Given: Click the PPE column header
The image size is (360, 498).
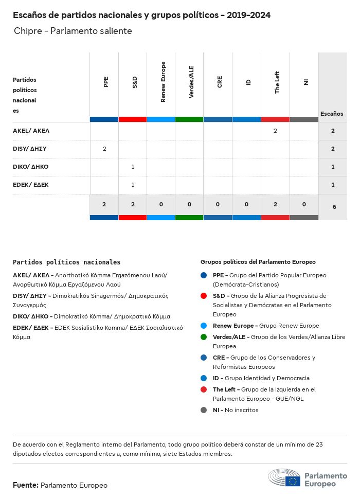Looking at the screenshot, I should (x=105, y=82).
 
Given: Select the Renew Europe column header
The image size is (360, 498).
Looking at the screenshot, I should (x=163, y=82).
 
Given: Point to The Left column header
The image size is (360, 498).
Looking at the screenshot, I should (x=277, y=82).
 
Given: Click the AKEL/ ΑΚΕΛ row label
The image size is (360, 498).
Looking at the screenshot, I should (x=31, y=131).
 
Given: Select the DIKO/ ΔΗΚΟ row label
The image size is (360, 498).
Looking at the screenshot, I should (x=31, y=167).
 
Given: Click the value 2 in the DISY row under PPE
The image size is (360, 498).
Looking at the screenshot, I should (x=104, y=149).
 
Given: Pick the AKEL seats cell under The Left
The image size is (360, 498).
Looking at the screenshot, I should (x=275, y=131).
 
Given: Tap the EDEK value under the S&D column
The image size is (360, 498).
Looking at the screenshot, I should (x=133, y=185).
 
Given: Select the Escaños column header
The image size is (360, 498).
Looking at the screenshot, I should (x=332, y=114).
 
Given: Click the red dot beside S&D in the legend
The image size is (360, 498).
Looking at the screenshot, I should (x=204, y=296).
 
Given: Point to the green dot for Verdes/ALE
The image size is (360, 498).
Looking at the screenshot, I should (x=204, y=337).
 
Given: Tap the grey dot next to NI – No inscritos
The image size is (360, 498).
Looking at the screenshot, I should (x=204, y=410).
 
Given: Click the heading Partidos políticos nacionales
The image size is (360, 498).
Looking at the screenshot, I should (x=66, y=262).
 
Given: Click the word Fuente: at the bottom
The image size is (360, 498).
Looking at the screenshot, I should (x=26, y=485).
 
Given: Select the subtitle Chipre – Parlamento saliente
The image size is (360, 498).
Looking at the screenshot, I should (x=73, y=31).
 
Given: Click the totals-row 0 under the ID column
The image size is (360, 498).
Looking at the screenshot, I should (x=247, y=204).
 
